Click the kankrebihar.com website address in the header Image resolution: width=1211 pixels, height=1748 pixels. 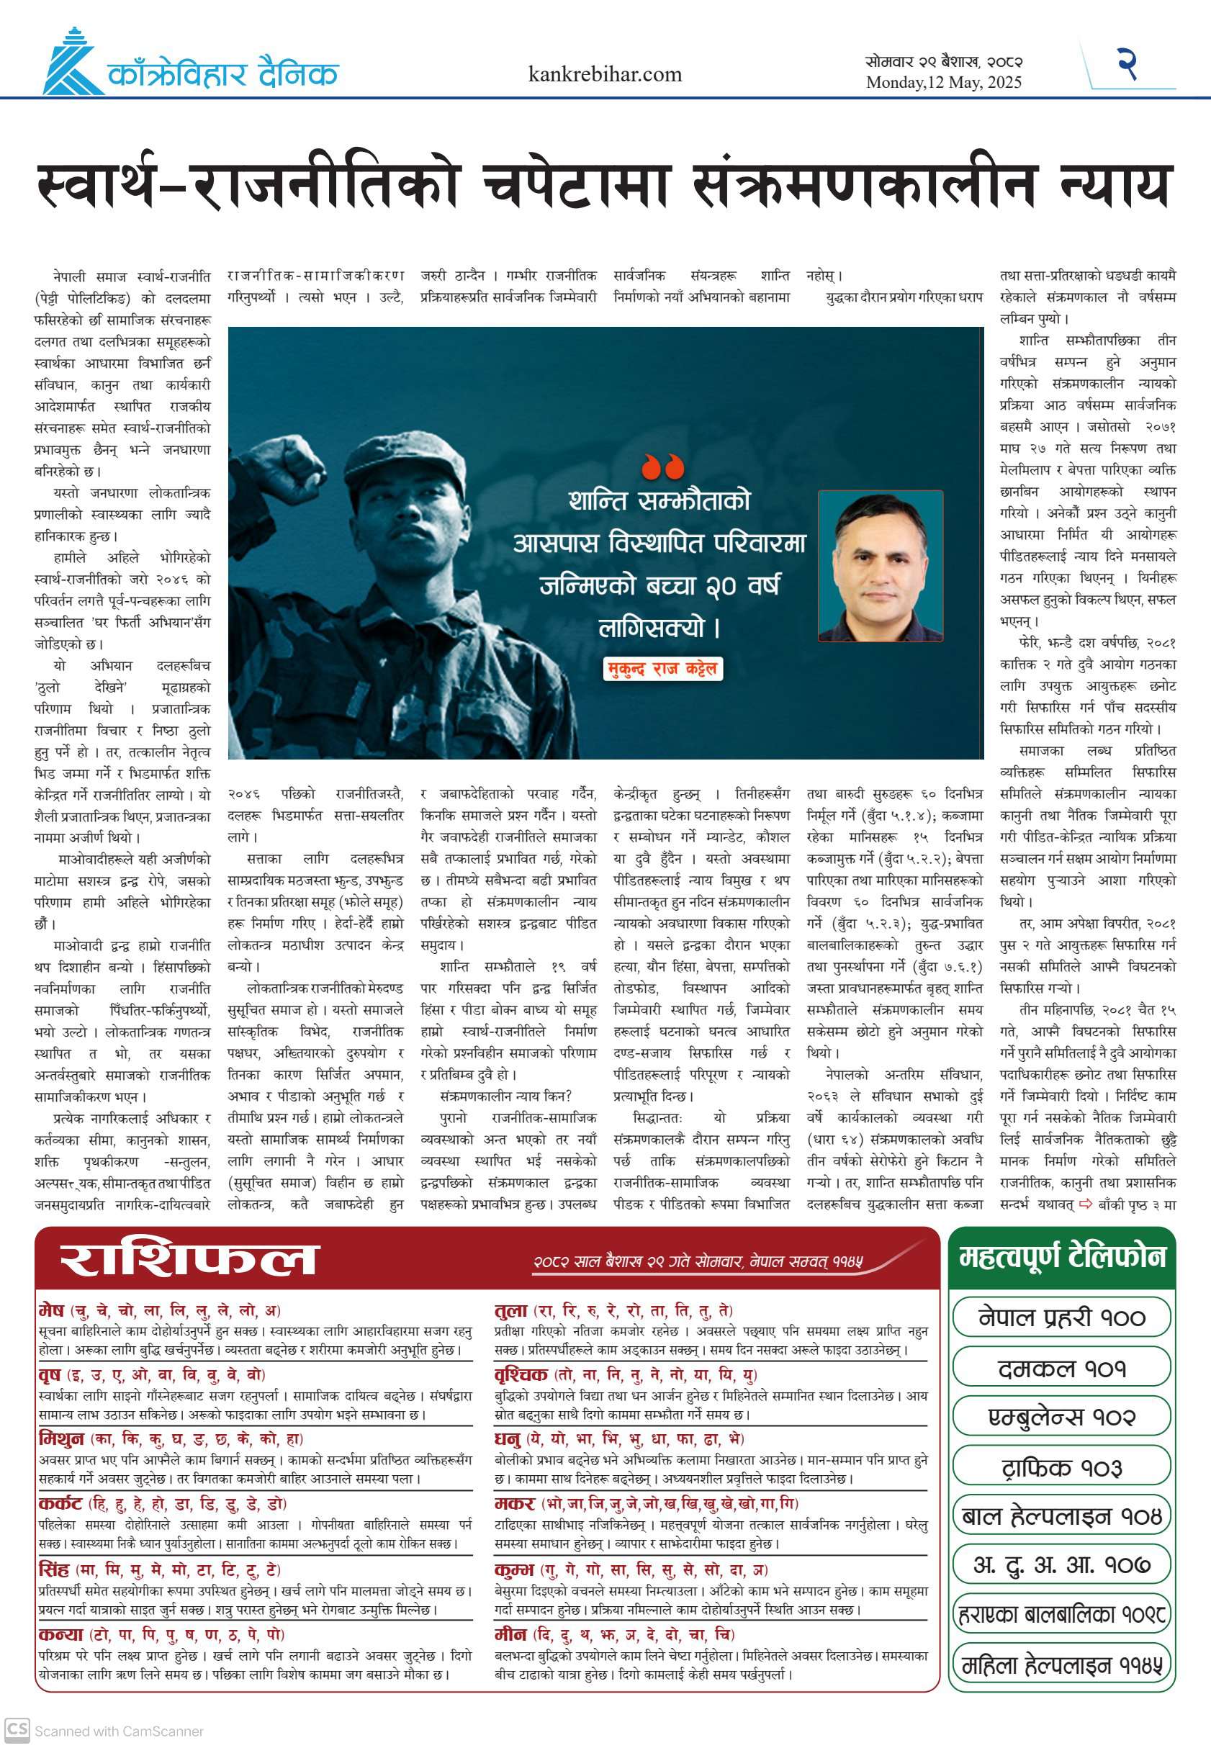coord(605,74)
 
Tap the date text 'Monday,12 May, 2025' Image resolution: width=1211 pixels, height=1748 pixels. coord(944,83)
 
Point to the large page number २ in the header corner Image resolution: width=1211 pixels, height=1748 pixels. coord(1127,64)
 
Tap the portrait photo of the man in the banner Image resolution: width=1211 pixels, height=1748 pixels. coord(881,566)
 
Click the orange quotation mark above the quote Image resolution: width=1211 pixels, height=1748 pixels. coord(662,467)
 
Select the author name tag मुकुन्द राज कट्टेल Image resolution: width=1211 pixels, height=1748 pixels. coord(662,668)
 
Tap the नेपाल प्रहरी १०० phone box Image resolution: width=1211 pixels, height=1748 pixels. coord(1061,1316)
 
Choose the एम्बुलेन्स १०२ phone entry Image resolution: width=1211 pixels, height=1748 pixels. coord(1061,1416)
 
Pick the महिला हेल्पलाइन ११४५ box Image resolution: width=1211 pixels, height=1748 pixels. coord(1061,1665)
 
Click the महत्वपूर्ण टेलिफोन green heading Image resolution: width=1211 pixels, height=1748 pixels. coord(1061,1257)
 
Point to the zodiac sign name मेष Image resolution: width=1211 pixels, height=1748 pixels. coord(52,1310)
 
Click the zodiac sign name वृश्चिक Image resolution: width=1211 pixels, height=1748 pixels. coord(521,1374)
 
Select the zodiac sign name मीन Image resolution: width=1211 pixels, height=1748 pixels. coord(510,1634)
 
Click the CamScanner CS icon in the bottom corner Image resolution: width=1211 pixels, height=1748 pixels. coord(17,1730)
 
